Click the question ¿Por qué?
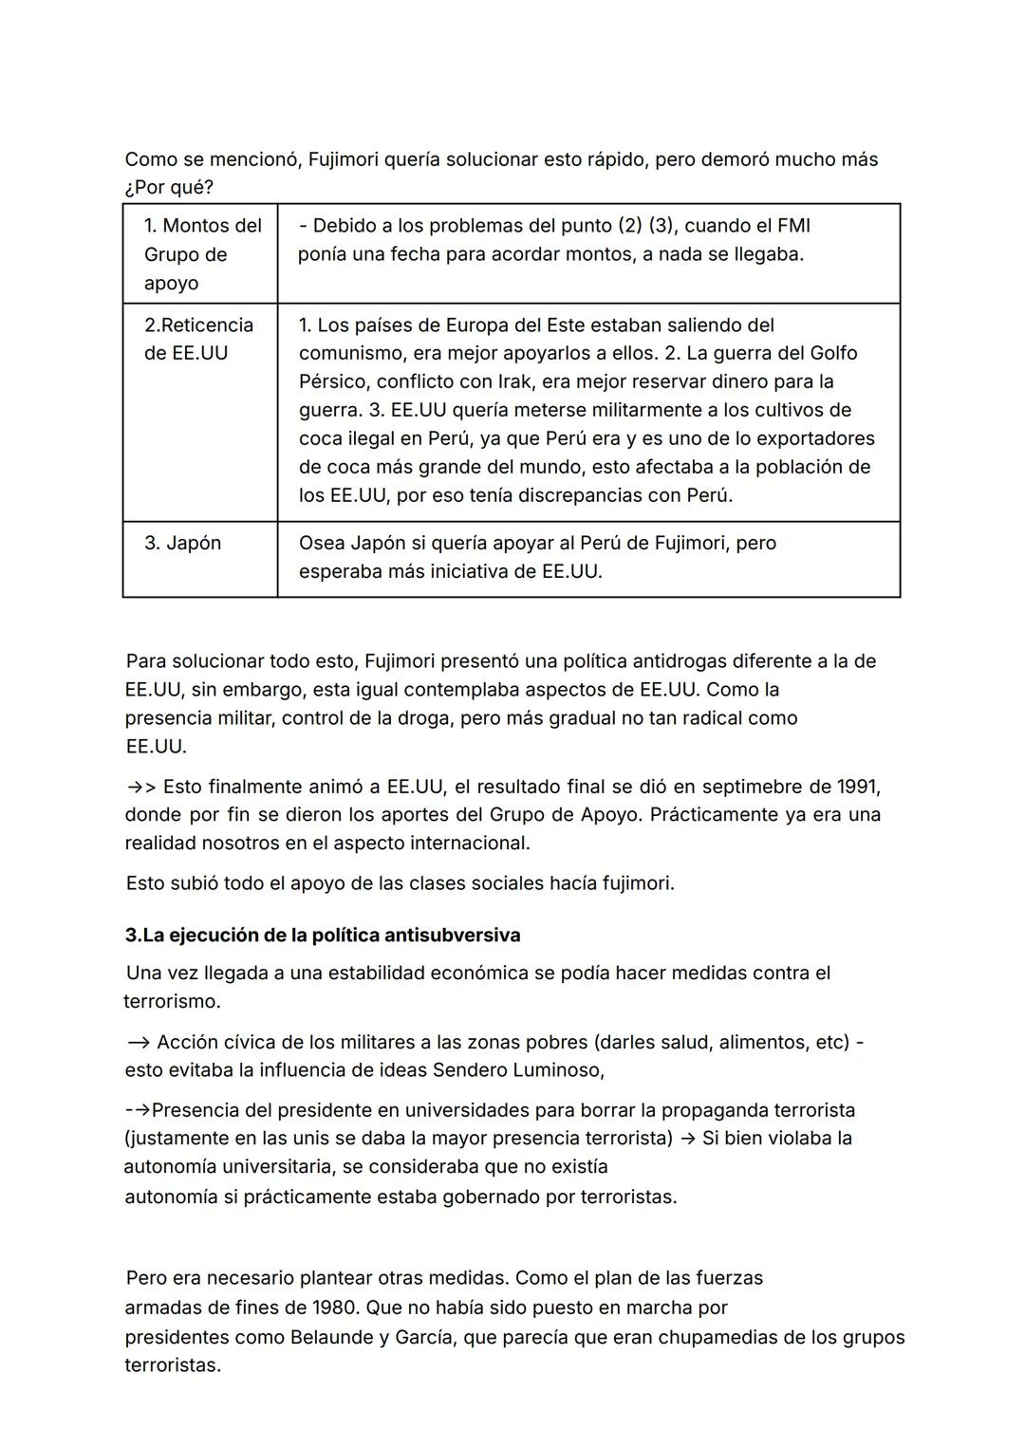pos(169,188)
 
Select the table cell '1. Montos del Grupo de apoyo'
pos(202,254)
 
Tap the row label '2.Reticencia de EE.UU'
pos(198,339)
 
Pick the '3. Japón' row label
pos(182,543)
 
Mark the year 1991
pos(858,787)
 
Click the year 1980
pos(336,1308)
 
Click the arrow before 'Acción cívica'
pos(138,1042)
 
